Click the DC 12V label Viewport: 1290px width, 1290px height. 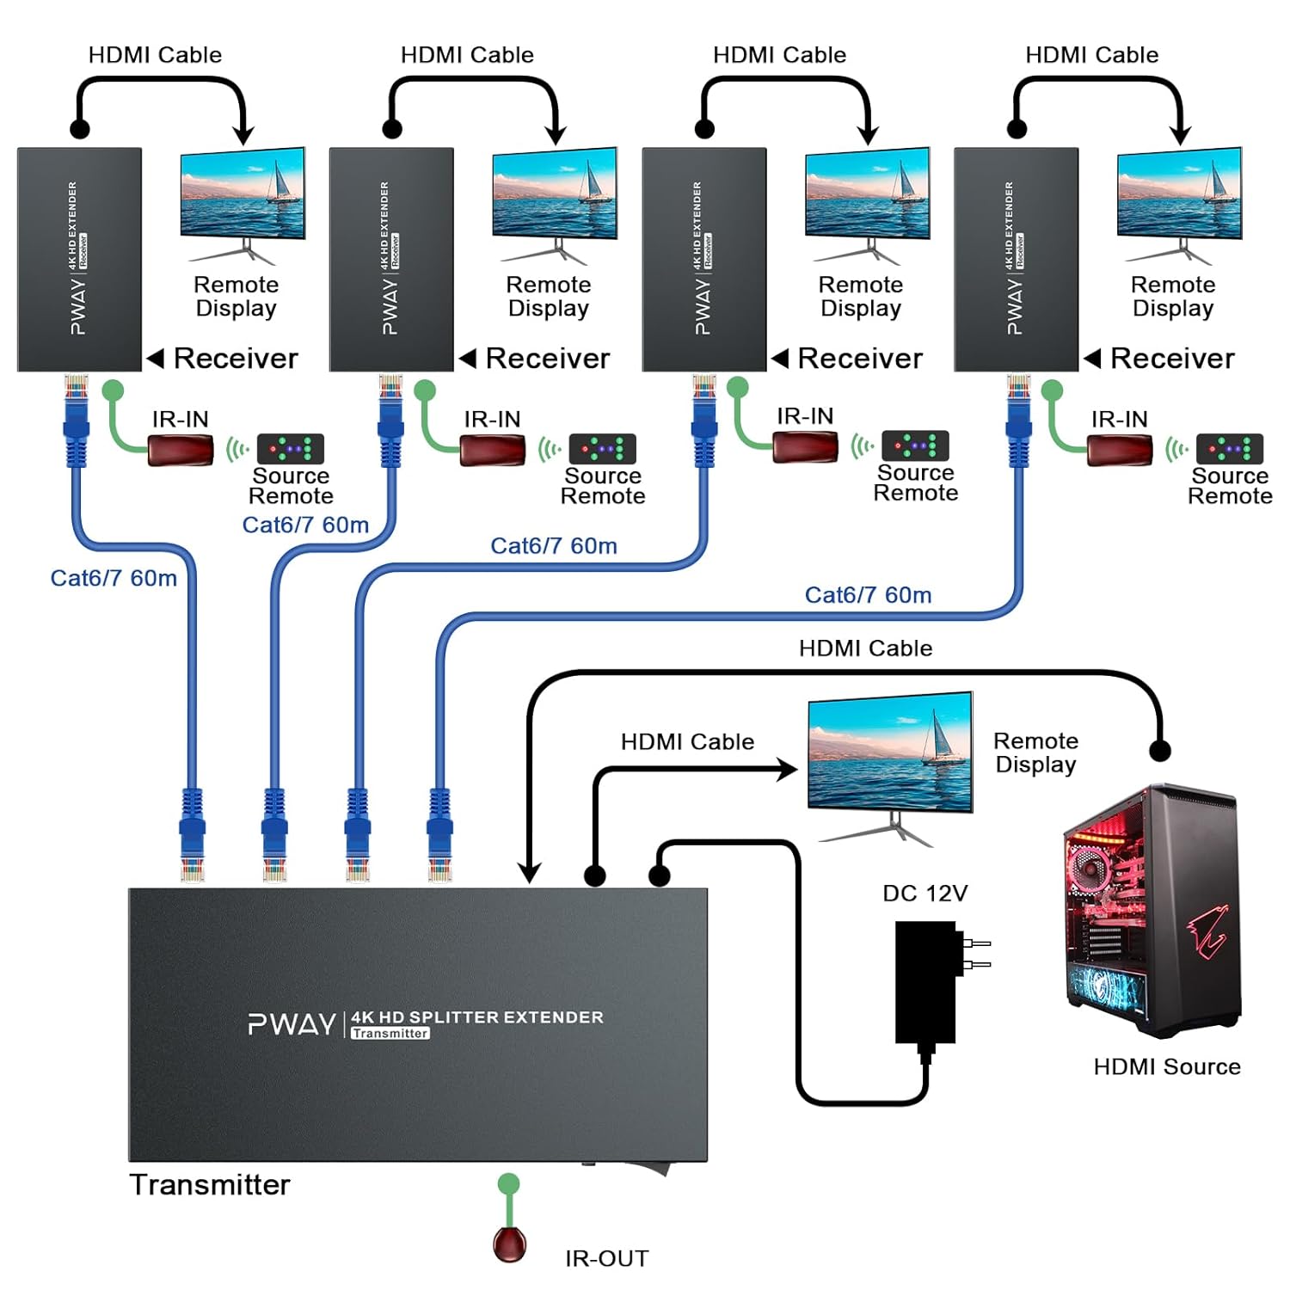click(x=924, y=894)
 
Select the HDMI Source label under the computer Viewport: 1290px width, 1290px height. click(x=1166, y=1066)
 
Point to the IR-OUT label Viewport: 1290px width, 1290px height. click(x=606, y=1258)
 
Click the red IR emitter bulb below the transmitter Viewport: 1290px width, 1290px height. click(x=509, y=1244)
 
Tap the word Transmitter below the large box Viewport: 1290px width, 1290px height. click(x=210, y=1184)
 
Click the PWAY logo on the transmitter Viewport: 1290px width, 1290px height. click(x=292, y=1024)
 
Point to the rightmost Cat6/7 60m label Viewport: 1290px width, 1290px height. click(x=868, y=595)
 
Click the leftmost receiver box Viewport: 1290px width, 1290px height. click(x=79, y=259)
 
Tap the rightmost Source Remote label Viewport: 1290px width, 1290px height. click(x=1230, y=486)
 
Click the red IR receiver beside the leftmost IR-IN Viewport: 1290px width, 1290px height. click(x=181, y=450)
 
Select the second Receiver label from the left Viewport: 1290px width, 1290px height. click(x=547, y=358)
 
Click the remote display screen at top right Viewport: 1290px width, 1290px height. click(x=1179, y=193)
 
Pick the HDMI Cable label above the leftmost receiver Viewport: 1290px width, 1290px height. click(x=155, y=55)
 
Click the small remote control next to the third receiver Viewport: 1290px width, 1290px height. click(x=915, y=445)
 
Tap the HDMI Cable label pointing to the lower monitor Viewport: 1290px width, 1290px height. click(x=687, y=741)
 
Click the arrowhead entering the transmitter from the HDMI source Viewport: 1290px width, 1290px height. click(x=530, y=873)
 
